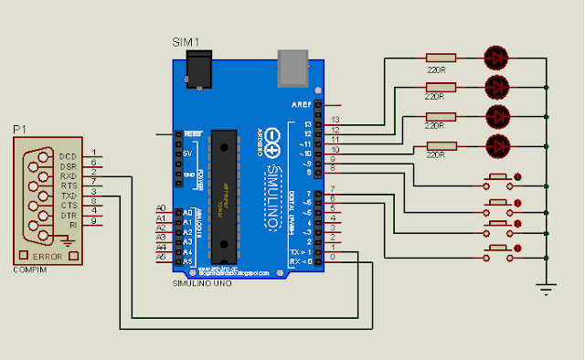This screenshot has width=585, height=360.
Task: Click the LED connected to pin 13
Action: click(x=497, y=57)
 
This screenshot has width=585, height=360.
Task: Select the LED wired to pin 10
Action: click(x=497, y=144)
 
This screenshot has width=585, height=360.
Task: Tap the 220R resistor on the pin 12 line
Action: click(x=441, y=86)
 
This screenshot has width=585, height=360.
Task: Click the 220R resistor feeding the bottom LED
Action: click(x=441, y=144)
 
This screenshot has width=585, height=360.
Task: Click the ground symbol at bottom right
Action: click(x=547, y=290)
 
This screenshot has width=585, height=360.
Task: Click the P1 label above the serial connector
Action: click(x=19, y=130)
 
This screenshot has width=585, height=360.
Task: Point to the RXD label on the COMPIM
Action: click(x=68, y=175)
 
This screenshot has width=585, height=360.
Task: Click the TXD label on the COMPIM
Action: click(x=68, y=196)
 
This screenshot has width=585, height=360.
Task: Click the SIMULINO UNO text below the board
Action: click(x=203, y=283)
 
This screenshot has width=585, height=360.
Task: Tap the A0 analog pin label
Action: click(x=162, y=210)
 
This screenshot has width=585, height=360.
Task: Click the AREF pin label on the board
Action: click(x=302, y=105)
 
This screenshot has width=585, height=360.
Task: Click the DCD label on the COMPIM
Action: click(x=68, y=155)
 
